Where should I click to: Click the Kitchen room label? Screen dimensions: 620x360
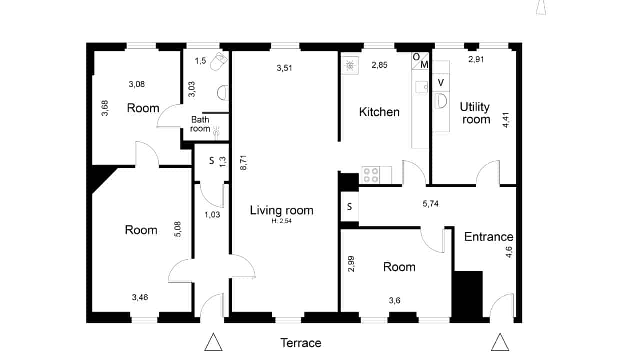(x=379, y=112)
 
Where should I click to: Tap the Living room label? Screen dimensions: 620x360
(x=282, y=210)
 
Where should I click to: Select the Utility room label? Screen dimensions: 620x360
(x=475, y=113)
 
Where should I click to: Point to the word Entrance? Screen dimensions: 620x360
(x=489, y=237)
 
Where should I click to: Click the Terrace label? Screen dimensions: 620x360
(x=301, y=343)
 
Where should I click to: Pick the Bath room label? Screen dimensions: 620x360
(x=200, y=124)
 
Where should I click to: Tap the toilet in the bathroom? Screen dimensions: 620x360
(x=218, y=61)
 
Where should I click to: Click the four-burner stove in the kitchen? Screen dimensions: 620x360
(x=371, y=175)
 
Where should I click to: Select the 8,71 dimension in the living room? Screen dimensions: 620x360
(x=244, y=162)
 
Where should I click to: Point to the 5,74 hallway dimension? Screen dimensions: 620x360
(x=430, y=204)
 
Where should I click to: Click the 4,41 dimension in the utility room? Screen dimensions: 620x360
(x=506, y=120)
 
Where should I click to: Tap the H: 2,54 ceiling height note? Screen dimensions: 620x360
(x=282, y=221)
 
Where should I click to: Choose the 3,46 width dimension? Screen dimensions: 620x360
(x=140, y=297)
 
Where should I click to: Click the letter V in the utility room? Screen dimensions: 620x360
(x=441, y=82)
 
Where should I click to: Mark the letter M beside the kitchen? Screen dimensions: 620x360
(x=424, y=65)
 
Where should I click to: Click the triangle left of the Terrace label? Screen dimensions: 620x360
(x=213, y=342)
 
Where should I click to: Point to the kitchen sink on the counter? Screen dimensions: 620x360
(x=421, y=87)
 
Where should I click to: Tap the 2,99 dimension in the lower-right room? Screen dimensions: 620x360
(x=351, y=264)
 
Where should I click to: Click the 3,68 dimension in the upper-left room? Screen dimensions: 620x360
(x=105, y=108)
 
